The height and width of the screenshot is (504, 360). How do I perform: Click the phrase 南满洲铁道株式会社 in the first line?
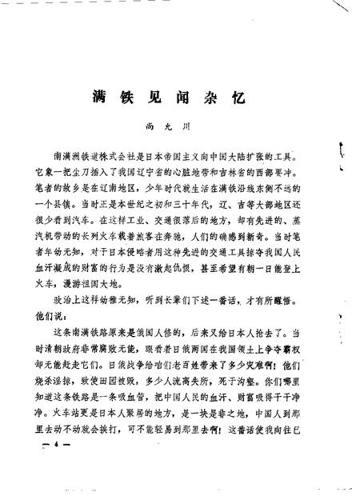(x=97, y=173)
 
